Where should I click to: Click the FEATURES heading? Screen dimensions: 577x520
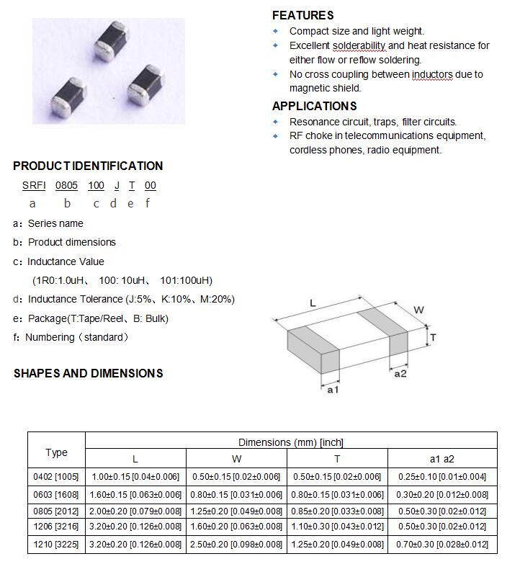pos(302,15)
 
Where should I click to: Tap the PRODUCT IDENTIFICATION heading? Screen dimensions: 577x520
pos(88,166)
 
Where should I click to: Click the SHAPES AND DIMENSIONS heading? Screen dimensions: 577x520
pos(88,373)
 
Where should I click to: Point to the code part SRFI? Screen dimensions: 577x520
pos(34,185)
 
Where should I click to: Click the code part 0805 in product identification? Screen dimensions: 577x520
pos(67,185)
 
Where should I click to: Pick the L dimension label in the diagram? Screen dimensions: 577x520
pos(313,303)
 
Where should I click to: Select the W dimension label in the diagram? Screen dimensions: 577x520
pos(418,310)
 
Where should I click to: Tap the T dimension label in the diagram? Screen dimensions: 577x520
pos(433,337)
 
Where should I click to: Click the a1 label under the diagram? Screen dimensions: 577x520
pos(333,390)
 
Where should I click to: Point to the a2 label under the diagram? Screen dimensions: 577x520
pos(400,373)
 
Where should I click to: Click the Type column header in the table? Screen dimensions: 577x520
pos(56,452)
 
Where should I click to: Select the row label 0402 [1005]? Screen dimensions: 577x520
pos(56,477)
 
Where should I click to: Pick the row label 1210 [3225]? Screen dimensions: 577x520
pos(56,545)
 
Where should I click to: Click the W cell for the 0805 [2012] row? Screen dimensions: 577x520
pos(236,511)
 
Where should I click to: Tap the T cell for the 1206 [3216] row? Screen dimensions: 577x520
pos(337,527)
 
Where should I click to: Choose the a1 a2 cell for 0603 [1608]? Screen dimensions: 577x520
pos(442,494)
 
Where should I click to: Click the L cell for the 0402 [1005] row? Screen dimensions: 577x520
pos(135,477)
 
